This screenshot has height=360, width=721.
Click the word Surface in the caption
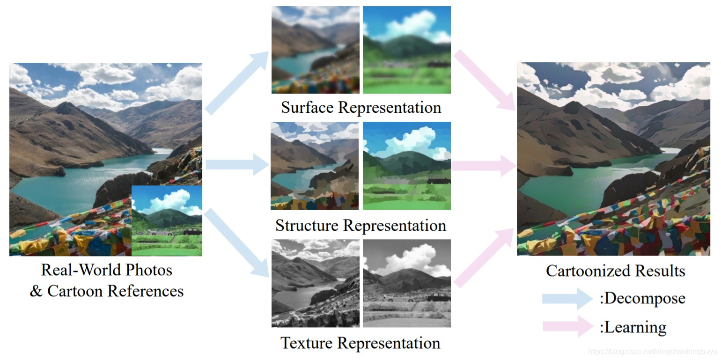pyautogui.click(x=307, y=108)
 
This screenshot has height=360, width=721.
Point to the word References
pyautogui.click(x=146, y=291)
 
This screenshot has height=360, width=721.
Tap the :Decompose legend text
pyautogui.click(x=642, y=299)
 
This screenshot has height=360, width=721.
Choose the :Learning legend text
pyautogui.click(x=633, y=327)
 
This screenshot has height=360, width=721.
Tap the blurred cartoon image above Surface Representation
pyautogui.click(x=406, y=50)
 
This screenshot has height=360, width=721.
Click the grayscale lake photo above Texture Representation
pyautogui.click(x=316, y=283)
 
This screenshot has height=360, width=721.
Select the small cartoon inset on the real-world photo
pyautogui.click(x=167, y=220)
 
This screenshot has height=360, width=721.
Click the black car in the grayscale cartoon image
pyautogui.click(x=438, y=297)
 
